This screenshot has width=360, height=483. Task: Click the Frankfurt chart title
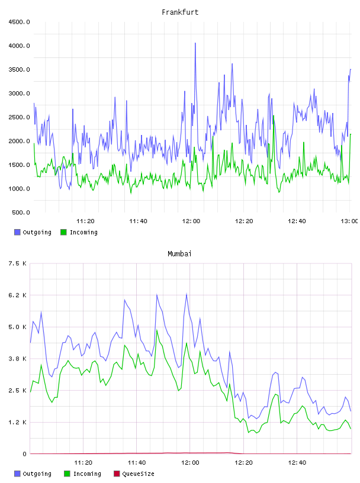tap(180, 12)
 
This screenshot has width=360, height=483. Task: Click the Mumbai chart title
tap(179, 253)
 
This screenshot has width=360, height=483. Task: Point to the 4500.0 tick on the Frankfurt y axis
tap(19, 22)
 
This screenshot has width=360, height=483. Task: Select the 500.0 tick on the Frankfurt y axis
tap(21, 212)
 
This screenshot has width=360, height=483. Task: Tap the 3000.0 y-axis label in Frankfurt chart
tap(19, 94)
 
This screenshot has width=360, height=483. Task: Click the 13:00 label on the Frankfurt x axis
tap(349, 221)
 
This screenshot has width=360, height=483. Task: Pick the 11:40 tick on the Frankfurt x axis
tap(138, 221)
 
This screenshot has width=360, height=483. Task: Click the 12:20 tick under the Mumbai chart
tap(243, 462)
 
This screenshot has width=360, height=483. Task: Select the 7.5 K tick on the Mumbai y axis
tap(18, 263)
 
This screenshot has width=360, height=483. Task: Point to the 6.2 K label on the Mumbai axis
tap(18, 295)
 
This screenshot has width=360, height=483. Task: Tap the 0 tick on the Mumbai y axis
tap(25, 454)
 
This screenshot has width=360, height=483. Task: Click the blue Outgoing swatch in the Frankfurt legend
tap(17, 232)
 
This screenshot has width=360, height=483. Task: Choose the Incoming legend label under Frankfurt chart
tap(83, 232)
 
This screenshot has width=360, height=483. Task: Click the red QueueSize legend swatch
tap(117, 474)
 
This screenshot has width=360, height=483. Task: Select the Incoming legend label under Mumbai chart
tap(87, 474)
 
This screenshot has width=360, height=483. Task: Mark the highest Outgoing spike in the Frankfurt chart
tap(195, 43)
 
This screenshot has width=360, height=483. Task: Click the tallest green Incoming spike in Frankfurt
tap(274, 116)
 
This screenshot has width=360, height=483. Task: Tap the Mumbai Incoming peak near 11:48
tap(157, 330)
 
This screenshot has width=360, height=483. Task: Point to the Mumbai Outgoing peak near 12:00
tap(187, 294)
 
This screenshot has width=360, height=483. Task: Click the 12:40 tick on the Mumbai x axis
tap(297, 462)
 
